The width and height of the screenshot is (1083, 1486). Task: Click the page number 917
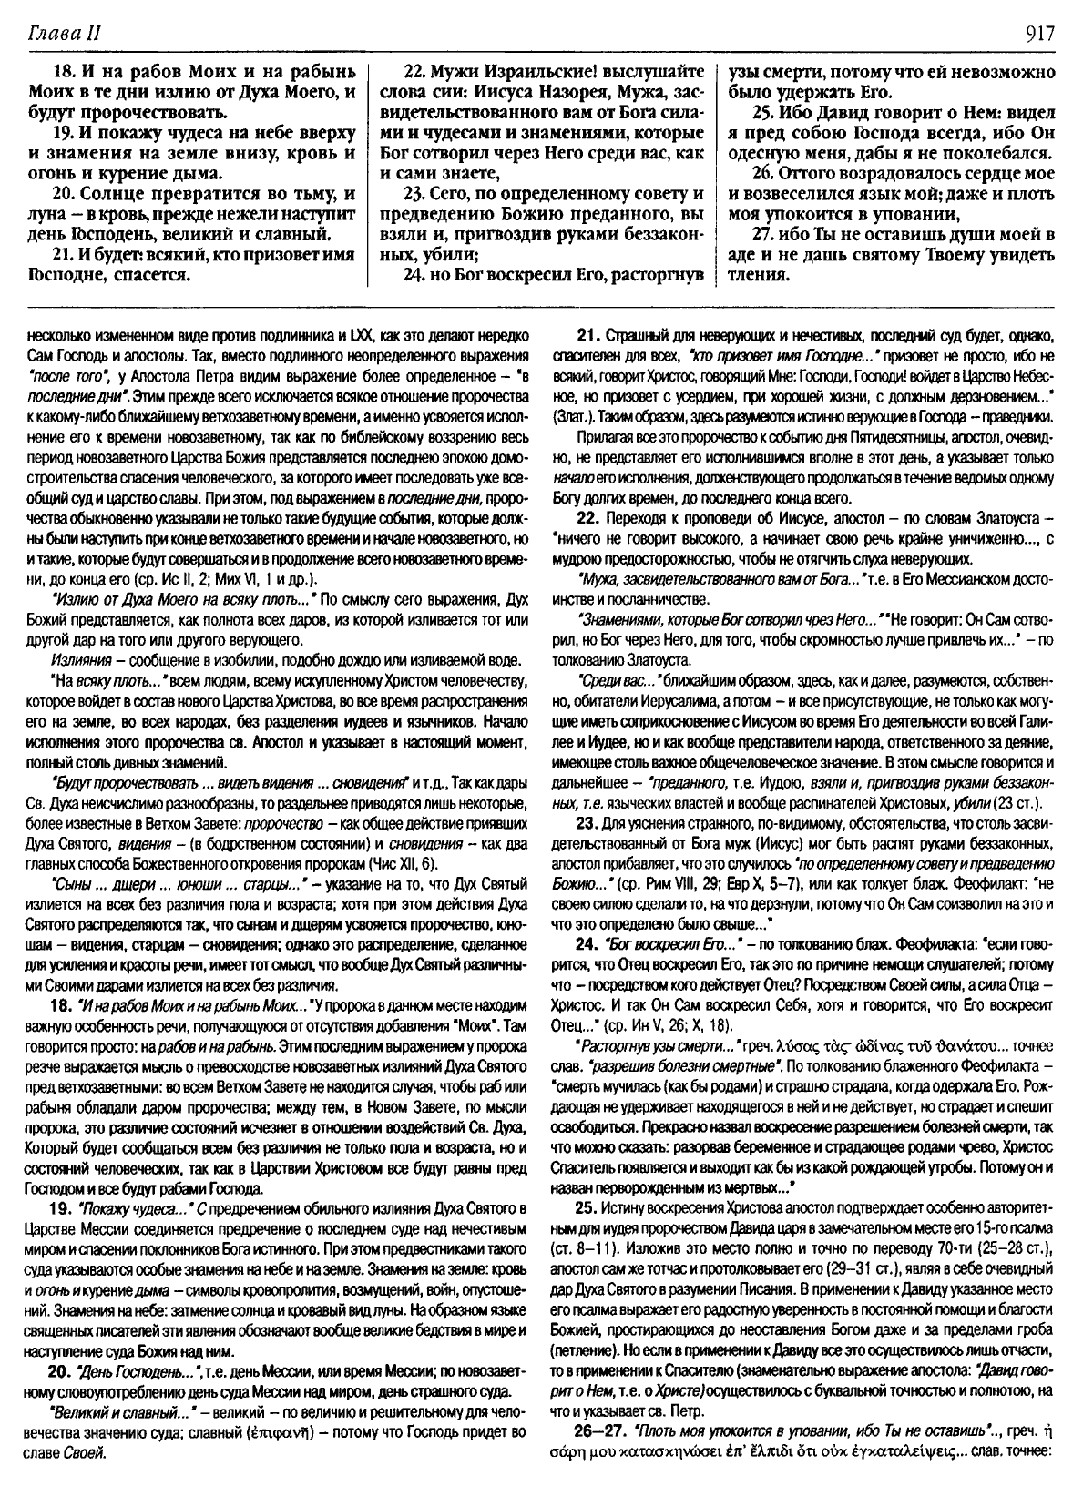tap(1038, 34)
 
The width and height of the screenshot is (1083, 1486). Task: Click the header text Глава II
tap(64, 34)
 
